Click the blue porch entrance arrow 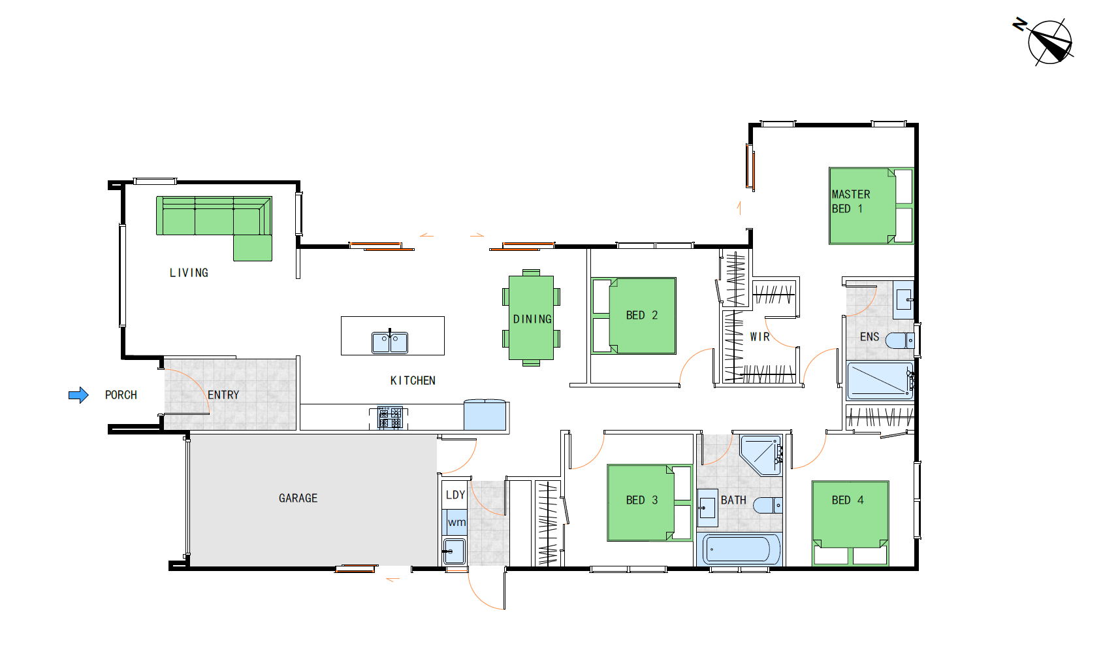coord(78,395)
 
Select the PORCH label coord(121,395)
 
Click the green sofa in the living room coord(215,221)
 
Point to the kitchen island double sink coord(389,342)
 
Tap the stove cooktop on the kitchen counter coord(390,417)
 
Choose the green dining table coord(532,318)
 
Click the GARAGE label coord(298,499)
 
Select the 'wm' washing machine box coord(455,522)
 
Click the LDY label coord(455,495)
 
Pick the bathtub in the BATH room coord(739,549)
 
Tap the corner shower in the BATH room coord(761,455)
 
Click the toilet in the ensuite coord(900,340)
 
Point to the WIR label coord(759,337)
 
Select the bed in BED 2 coord(633,316)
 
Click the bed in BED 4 coord(850,523)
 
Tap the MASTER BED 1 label coord(851,201)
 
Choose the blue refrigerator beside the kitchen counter coord(485,415)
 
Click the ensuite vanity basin coord(904,299)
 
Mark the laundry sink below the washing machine coord(454,551)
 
